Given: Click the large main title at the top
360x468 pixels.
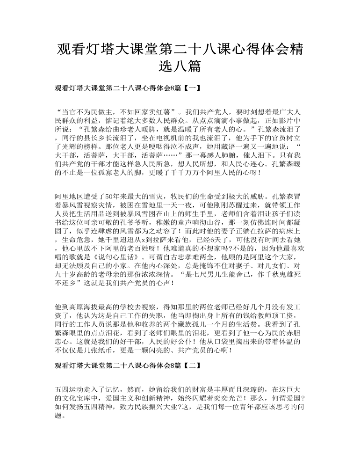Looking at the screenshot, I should click(180, 57).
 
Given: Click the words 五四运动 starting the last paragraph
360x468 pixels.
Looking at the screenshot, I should click(70, 389).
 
